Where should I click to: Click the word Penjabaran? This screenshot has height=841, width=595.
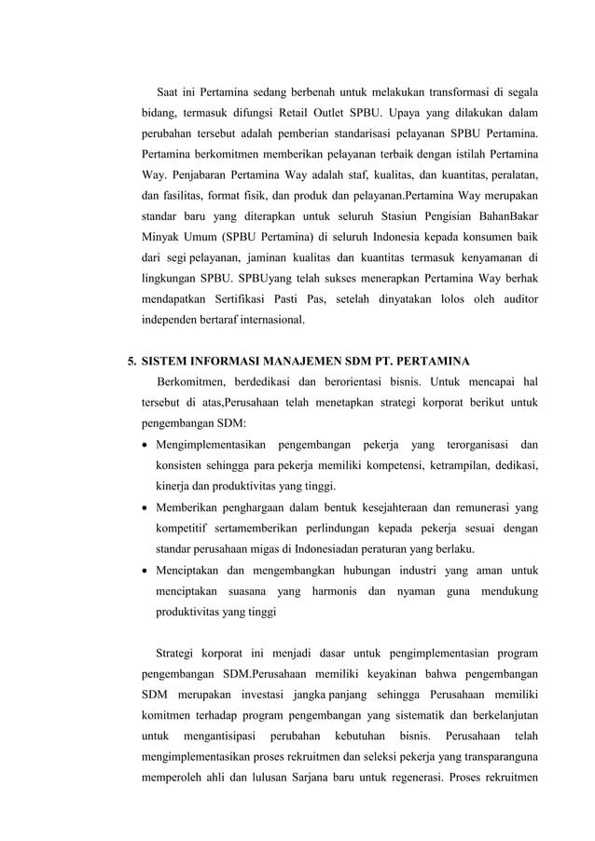click(x=204, y=173)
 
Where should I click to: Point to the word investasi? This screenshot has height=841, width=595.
click(x=259, y=697)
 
